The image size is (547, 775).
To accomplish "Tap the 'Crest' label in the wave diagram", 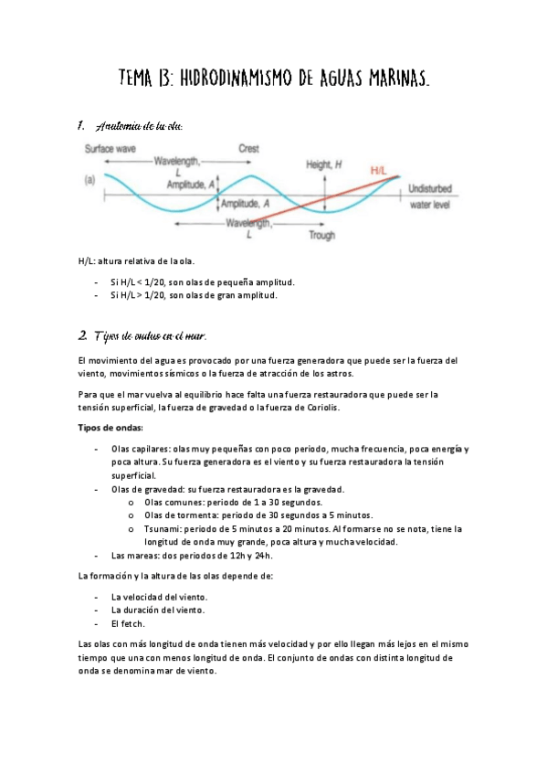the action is coord(248,148).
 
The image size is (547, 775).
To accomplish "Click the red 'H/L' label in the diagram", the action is coord(381,170).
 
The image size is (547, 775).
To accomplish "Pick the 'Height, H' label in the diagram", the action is coord(323,164).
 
